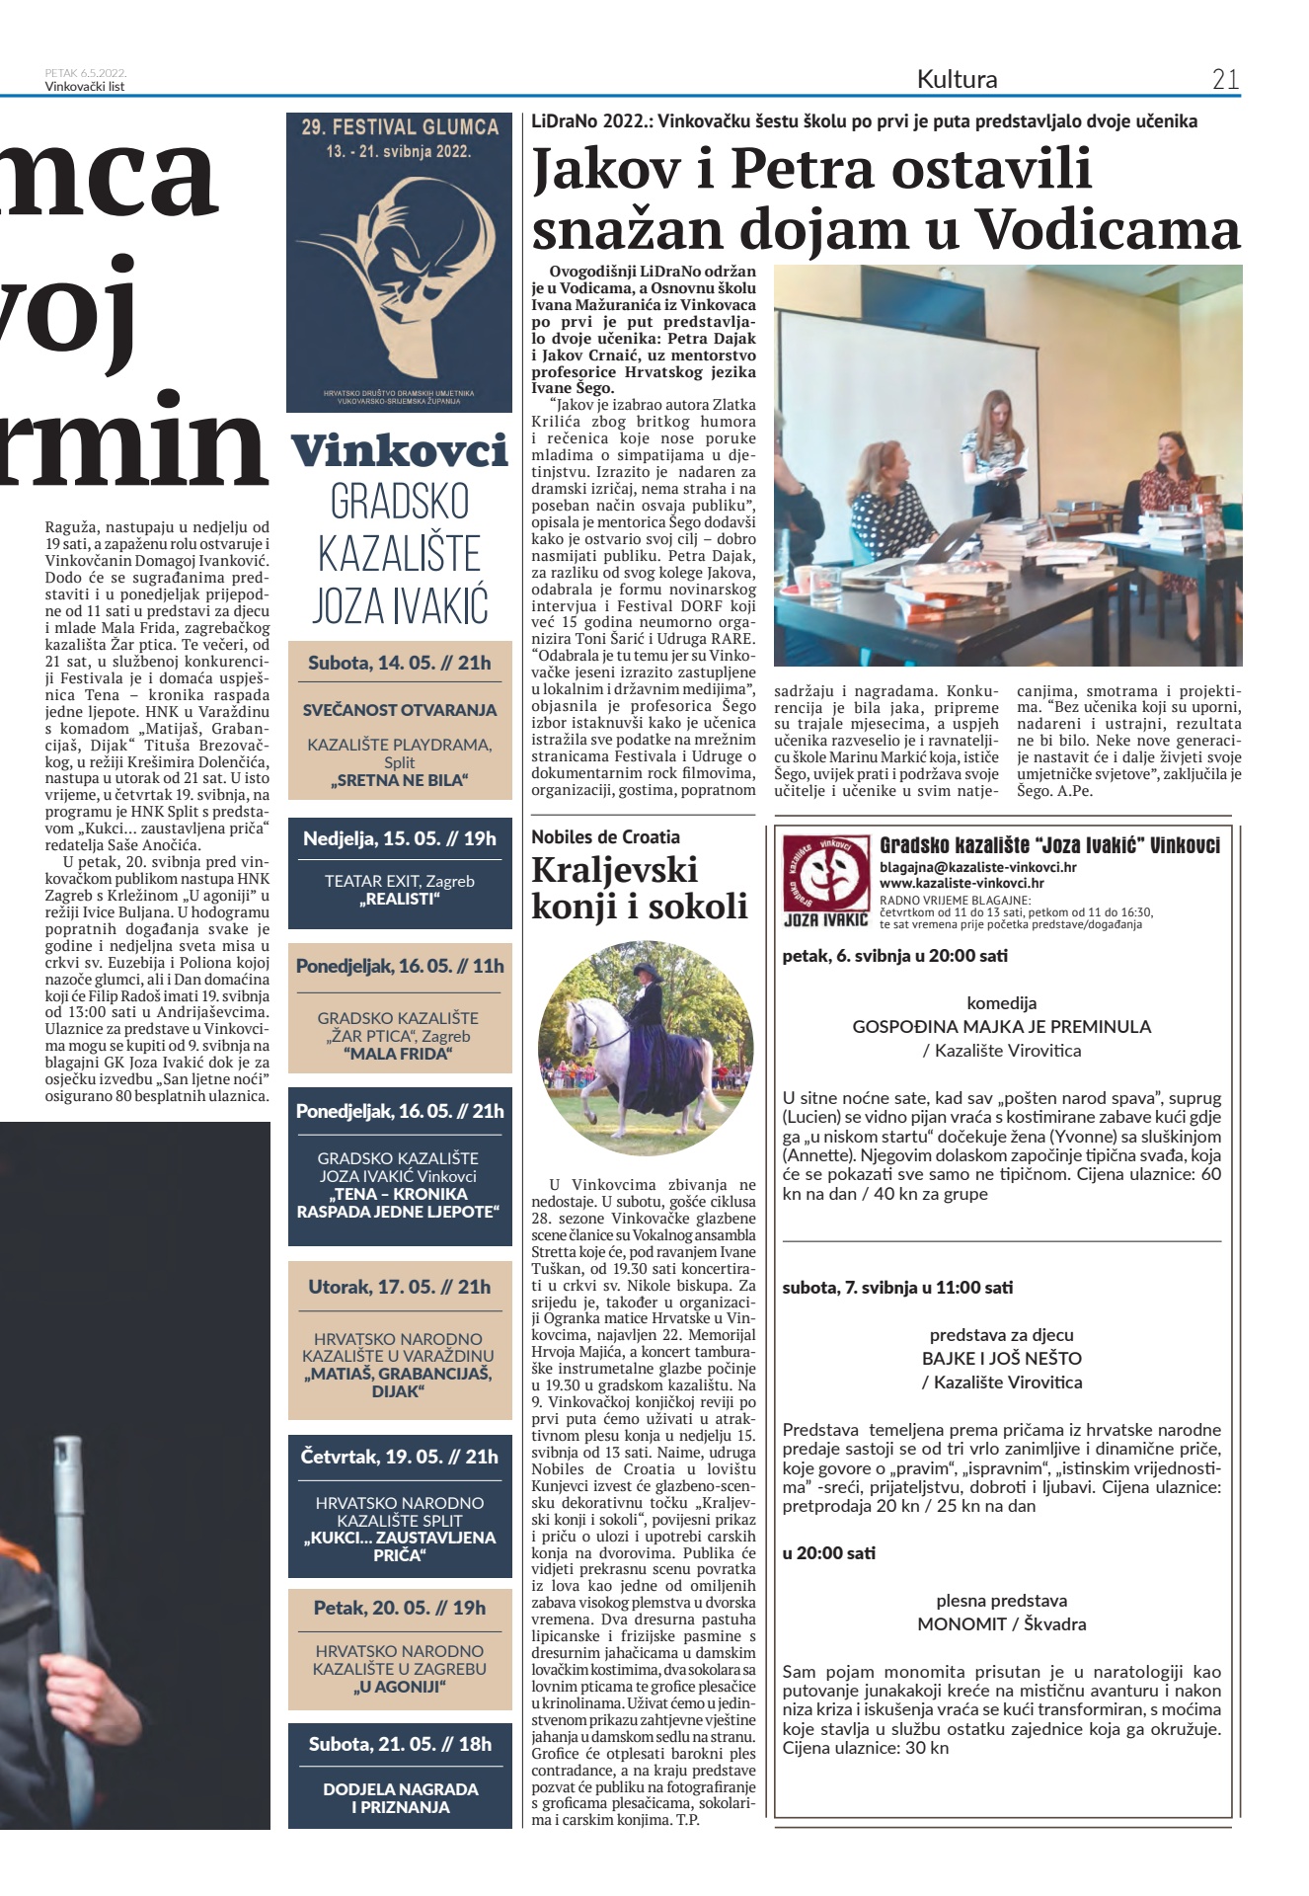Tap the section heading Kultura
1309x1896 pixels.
[957, 79]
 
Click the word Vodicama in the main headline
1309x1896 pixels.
[1108, 228]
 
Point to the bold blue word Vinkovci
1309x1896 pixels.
[399, 451]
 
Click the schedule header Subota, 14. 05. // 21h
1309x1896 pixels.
[399, 663]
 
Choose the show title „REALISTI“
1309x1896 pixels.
[399, 900]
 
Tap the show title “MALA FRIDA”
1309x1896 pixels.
[399, 1054]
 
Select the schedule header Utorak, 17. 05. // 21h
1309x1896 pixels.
[399, 1287]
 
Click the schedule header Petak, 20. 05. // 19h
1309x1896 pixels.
[399, 1609]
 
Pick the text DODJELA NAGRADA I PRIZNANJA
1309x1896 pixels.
[400, 1797]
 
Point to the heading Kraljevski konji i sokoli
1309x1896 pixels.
[639, 887]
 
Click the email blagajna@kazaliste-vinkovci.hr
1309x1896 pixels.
[977, 867]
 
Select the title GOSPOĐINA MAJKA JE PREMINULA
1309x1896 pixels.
[1001, 1026]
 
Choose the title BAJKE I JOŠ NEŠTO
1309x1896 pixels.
[1001, 1358]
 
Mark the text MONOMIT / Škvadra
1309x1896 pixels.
[1001, 1623]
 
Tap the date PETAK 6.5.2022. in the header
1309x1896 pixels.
[85, 73]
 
